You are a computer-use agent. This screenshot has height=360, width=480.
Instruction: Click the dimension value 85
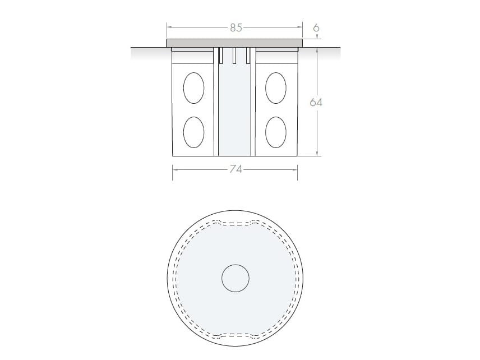[x=236, y=27]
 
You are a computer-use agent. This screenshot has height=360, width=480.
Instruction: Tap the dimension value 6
[x=317, y=27]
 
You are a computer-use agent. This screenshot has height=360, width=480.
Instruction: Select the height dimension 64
[x=317, y=103]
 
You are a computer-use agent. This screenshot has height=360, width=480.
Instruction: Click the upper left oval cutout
[x=193, y=88]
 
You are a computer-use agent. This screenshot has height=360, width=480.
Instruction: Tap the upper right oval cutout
[x=276, y=88]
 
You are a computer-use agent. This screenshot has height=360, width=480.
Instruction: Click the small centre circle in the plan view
[x=235, y=279]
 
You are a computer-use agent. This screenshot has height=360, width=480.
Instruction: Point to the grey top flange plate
[x=234, y=43]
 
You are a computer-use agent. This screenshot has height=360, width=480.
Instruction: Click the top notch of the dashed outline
[x=235, y=224]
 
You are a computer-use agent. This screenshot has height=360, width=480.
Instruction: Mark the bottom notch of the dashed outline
[x=235, y=335]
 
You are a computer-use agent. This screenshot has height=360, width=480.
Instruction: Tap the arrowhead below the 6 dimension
[x=317, y=37]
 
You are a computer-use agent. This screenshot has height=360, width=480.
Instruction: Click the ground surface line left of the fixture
[x=149, y=48]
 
